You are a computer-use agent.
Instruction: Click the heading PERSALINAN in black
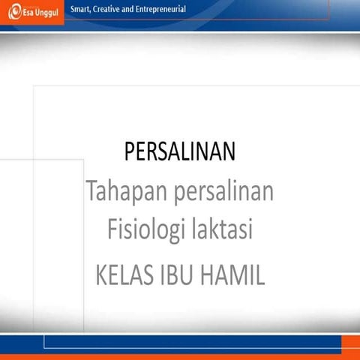click(180, 152)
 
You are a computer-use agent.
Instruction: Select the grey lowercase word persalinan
click(223, 193)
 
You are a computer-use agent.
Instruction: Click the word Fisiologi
click(142, 229)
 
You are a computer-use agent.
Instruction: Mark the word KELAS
click(125, 274)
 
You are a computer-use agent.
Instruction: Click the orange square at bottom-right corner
click(350, 343)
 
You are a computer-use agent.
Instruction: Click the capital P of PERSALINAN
click(130, 152)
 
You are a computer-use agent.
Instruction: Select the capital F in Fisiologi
click(112, 228)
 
